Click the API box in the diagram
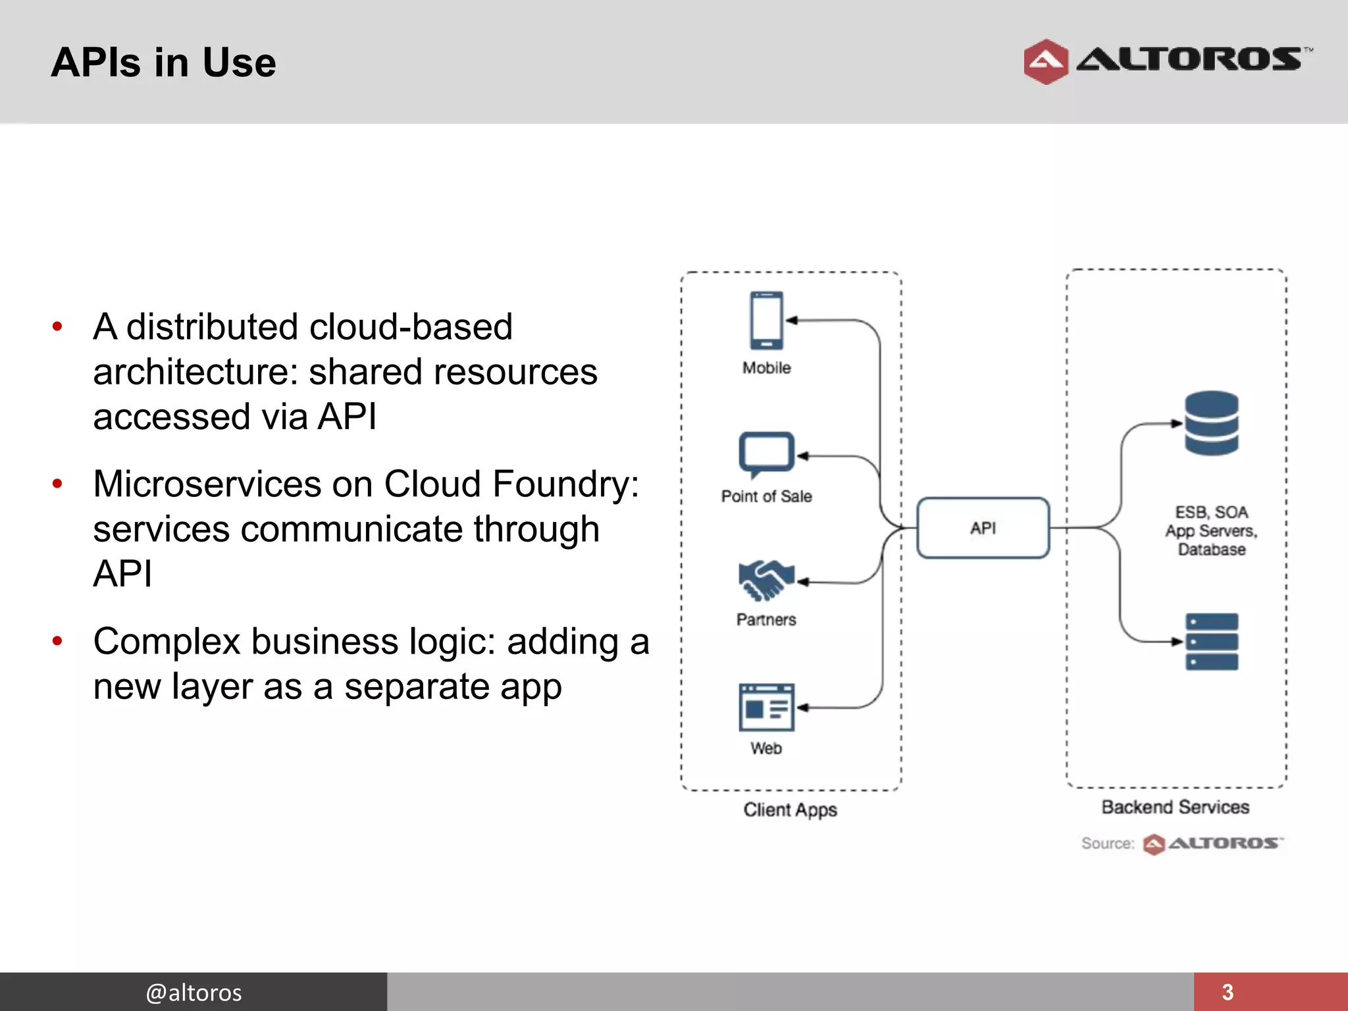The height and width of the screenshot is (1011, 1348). (983, 528)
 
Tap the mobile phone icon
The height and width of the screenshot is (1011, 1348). (766, 321)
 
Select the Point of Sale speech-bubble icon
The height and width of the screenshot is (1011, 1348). (766, 454)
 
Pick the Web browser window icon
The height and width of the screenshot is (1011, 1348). (766, 708)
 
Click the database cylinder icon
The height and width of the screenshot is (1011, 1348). (1211, 423)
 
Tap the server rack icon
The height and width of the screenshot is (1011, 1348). (1211, 642)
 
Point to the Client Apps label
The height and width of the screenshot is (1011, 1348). (790, 810)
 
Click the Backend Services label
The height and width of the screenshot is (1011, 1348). (1175, 807)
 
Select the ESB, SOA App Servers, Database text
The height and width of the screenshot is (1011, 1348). (1211, 531)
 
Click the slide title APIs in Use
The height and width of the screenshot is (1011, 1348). (163, 63)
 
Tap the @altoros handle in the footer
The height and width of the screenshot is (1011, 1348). (194, 992)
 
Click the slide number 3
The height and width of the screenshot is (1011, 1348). (1228, 992)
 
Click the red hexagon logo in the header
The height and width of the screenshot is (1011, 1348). (1045, 62)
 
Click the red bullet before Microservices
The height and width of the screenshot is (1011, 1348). (57, 484)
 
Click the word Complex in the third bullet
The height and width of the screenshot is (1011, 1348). (167, 642)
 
